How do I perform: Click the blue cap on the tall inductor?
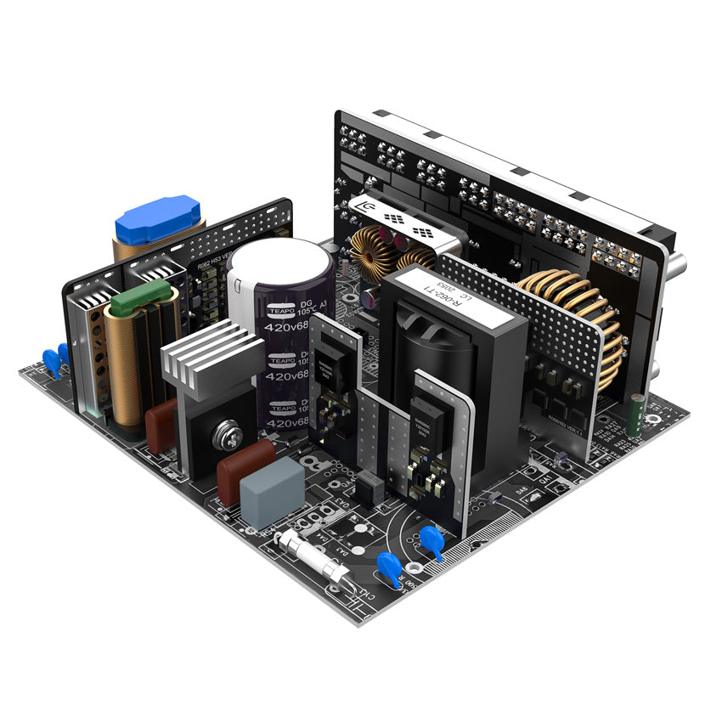click(158, 219)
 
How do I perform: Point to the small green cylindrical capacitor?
click(635, 415)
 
